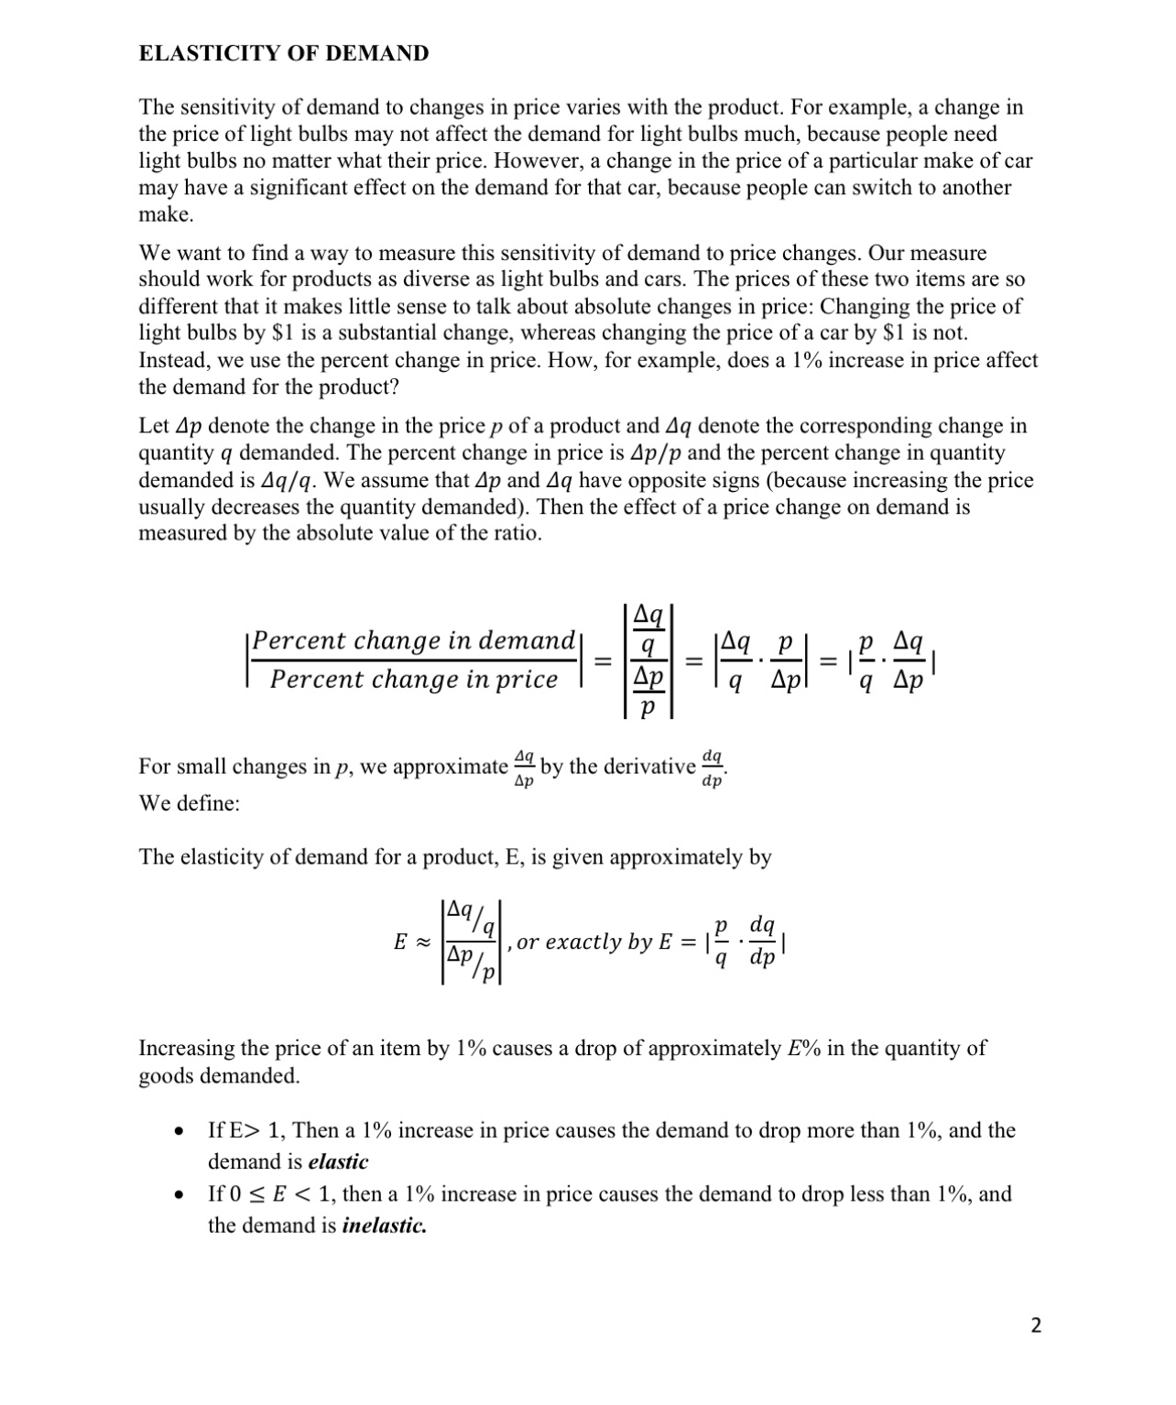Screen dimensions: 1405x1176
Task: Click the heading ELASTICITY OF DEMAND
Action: click(283, 53)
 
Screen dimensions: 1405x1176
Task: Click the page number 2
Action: click(1036, 1325)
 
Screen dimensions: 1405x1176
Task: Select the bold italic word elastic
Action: click(338, 1161)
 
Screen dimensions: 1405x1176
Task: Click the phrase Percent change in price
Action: click(413, 680)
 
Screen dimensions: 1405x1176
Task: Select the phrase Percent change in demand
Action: click(413, 640)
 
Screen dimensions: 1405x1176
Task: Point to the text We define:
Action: click(189, 803)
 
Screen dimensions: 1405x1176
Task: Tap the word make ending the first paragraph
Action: click(165, 214)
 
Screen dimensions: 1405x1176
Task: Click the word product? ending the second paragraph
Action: click(358, 387)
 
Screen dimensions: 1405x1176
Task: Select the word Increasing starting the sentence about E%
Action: click(190, 1048)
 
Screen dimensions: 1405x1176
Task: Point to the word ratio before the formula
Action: click(515, 533)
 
